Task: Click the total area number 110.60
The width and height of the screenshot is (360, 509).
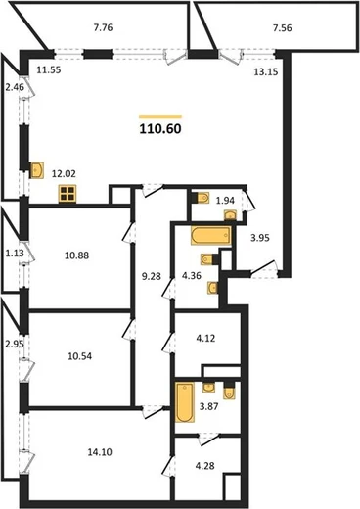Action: coord(160,129)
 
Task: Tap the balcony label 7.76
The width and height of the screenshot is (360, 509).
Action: coord(103,27)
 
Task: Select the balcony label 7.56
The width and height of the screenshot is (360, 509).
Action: coord(283,28)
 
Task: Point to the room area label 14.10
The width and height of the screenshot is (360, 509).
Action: coord(100,452)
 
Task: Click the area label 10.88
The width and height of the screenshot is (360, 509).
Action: coord(76,255)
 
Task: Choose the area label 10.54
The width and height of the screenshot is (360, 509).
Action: coord(80,356)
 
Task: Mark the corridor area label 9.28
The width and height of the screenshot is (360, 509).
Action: coord(152,276)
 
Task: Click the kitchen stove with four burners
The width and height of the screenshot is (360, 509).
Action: coord(67,194)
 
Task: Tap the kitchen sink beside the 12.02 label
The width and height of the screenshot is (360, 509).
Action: coord(37,170)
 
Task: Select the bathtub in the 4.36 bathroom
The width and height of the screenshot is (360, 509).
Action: coord(211,235)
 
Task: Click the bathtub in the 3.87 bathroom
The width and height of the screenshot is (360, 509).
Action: coord(185,402)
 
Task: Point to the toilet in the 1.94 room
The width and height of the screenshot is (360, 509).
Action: coord(202,198)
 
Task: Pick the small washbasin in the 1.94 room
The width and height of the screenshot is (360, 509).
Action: coord(231,215)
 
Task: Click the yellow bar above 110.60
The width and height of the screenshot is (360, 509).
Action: coord(160,116)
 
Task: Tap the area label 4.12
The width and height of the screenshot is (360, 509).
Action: coord(205,338)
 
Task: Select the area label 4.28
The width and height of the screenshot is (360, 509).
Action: coord(204,466)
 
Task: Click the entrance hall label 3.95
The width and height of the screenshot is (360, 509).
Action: coord(260,238)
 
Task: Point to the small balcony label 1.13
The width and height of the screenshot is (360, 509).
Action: coord(15,253)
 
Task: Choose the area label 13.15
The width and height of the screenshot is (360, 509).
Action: coord(266,71)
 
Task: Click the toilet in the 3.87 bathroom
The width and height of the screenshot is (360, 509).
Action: coord(229,391)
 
